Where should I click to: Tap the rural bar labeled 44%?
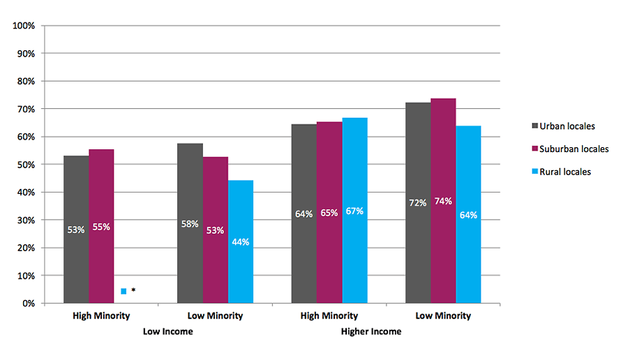coord(241,241)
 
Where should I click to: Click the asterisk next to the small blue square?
coord(133,290)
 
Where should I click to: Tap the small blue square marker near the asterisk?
coord(124,291)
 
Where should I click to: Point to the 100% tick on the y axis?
coord(24,26)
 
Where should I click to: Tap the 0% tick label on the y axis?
coord(29,303)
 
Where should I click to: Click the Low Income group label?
coord(167,331)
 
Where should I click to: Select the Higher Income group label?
coord(371,331)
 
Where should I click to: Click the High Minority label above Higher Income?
coord(329,315)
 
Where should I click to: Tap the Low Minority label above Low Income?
coord(216,315)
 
